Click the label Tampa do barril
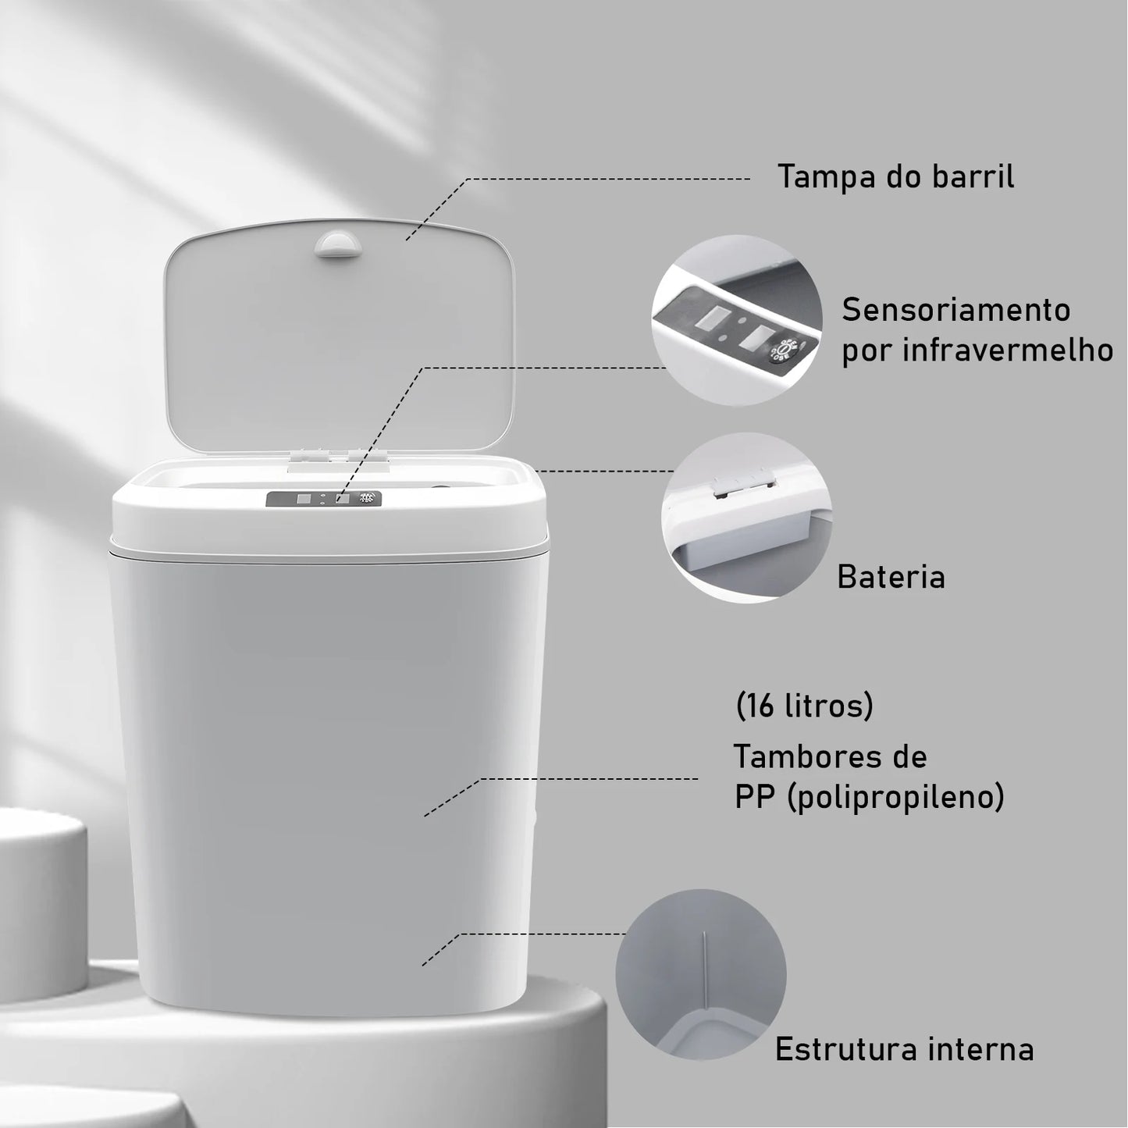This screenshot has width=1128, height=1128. tap(895, 177)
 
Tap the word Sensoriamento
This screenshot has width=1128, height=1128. tap(955, 310)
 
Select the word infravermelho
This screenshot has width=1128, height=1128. tap(1008, 350)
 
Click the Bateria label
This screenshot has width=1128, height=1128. tap(891, 577)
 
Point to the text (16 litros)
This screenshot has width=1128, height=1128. tap(804, 706)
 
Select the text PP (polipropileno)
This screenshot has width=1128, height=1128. tap(869, 797)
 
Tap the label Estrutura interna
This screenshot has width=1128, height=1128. tap(904, 1049)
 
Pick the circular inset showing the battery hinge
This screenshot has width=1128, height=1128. tap(747, 518)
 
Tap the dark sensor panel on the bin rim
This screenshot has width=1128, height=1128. tap(323, 499)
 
